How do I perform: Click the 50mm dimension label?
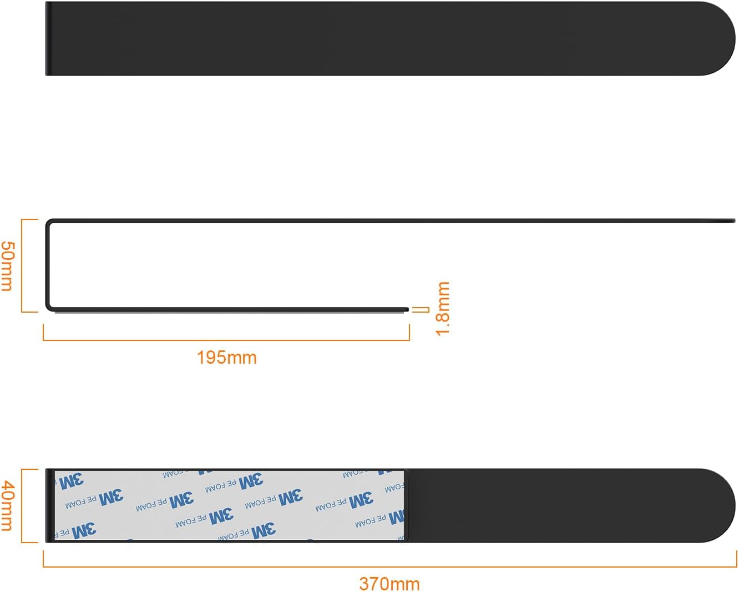click(7, 265)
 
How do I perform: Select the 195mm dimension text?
click(226, 357)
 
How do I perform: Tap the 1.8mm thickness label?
click(443, 308)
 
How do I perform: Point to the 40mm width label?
click(7, 505)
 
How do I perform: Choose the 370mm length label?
click(389, 584)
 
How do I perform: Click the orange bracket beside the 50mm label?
click(23, 265)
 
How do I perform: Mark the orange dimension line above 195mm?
click(226, 340)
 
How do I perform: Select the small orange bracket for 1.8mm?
click(426, 309)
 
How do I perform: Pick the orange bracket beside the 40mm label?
click(23, 505)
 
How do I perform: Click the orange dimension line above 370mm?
click(389, 567)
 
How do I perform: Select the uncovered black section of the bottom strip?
click(555, 505)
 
